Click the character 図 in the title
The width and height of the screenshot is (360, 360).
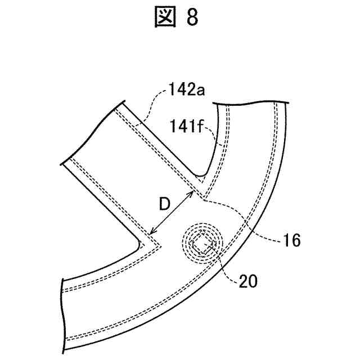[x=165, y=19]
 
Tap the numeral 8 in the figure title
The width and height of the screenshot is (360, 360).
[x=193, y=19]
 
